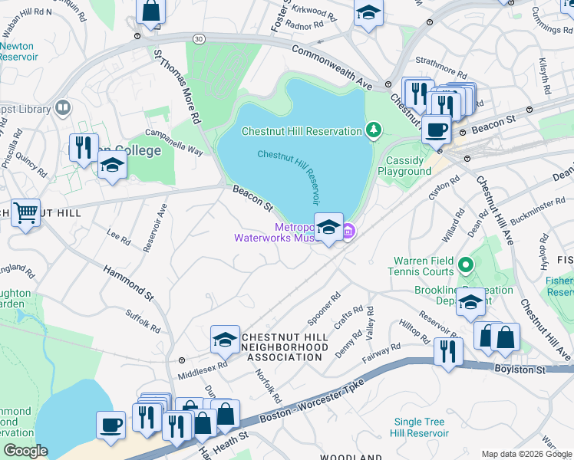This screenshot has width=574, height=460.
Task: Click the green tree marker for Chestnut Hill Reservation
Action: coord(374,130)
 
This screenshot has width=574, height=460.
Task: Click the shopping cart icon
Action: coord(25,212)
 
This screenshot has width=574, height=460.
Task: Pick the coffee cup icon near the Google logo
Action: coord(111,425)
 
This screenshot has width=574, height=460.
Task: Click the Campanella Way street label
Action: coord(174,142)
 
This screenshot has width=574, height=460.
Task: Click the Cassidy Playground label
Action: coord(404,166)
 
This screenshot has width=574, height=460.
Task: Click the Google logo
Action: coord(25,452)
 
